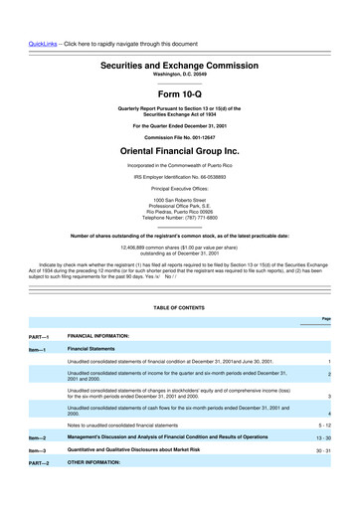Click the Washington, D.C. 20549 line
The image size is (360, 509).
coord(179,75)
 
